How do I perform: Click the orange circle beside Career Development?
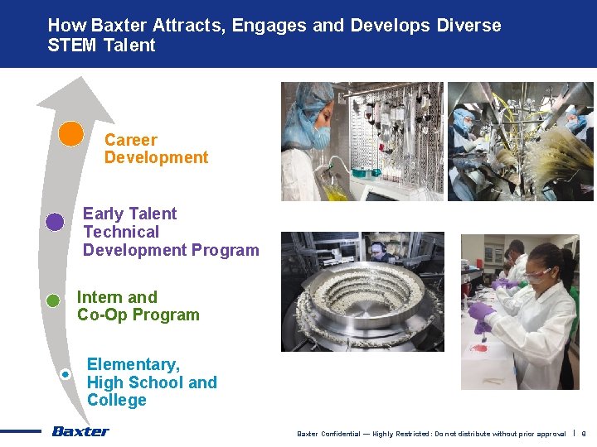click(x=71, y=133)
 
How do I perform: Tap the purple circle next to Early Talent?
click(x=55, y=221)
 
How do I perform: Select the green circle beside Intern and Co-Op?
click(x=53, y=300)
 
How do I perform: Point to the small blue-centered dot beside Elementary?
click(x=66, y=374)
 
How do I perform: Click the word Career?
click(x=130, y=140)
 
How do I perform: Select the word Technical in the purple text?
click(x=121, y=232)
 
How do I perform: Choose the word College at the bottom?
click(x=116, y=400)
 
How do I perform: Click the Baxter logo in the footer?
click(x=80, y=430)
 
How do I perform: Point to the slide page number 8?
click(x=583, y=434)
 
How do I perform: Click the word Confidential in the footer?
click(x=340, y=434)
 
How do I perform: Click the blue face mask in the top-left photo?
click(x=319, y=137)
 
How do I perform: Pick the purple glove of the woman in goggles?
click(x=480, y=312)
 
